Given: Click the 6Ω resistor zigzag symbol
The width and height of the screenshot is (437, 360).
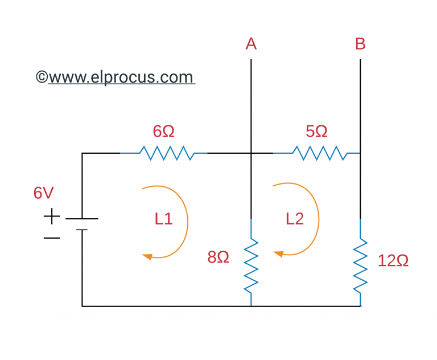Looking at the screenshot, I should point(164,153).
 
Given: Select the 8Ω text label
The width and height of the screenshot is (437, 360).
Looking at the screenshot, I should point(218,257).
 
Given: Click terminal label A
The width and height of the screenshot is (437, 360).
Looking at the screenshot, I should point(251,44).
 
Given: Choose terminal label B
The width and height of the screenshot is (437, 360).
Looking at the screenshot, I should point(360,44).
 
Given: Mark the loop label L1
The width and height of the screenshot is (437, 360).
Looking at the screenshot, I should point(163,219).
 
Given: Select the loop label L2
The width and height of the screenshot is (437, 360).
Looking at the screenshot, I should point(295,219).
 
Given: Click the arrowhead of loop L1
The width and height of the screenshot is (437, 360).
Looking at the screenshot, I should point(147,256).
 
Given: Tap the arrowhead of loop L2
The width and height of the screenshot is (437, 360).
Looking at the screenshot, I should point(278,253).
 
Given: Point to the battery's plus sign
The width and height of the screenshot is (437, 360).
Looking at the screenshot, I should point(51,216).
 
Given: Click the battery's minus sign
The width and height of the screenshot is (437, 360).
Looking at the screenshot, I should point(51,238).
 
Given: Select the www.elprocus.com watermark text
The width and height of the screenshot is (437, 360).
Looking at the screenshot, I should point(121,77).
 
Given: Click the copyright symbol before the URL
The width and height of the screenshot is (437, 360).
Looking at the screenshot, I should point(42,77).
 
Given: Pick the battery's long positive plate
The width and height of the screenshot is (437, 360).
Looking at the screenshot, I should point(82,219).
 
